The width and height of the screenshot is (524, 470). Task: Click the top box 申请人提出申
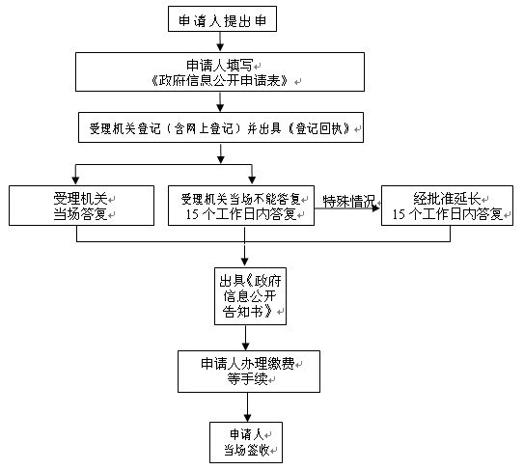(x=222, y=19)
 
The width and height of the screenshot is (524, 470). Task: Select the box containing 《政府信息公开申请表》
(x=220, y=71)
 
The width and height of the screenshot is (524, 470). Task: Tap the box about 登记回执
(x=221, y=127)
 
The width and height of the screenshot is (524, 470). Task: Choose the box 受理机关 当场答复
(x=81, y=206)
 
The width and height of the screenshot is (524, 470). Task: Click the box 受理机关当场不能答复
(x=241, y=206)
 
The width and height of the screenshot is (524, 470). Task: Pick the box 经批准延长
(x=447, y=206)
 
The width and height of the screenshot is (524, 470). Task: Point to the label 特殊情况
(x=349, y=202)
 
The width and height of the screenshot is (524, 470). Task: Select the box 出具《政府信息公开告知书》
(x=250, y=296)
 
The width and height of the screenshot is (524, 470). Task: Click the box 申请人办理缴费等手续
(x=249, y=372)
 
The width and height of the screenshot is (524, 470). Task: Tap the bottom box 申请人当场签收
(x=246, y=443)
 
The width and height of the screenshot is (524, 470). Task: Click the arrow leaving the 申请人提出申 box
(x=220, y=41)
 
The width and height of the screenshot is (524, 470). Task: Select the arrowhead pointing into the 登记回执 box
(x=220, y=107)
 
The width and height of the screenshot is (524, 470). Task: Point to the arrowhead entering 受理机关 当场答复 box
(x=75, y=180)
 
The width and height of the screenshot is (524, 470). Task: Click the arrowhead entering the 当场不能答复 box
(x=252, y=180)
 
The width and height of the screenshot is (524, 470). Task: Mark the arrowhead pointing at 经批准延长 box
(x=376, y=208)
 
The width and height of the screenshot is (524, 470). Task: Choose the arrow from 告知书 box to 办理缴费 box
(x=246, y=338)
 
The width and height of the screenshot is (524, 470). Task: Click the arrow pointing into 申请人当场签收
(x=247, y=407)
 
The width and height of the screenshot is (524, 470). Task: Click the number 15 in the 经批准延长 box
(x=399, y=214)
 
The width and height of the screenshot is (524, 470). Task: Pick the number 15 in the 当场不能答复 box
(x=192, y=214)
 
